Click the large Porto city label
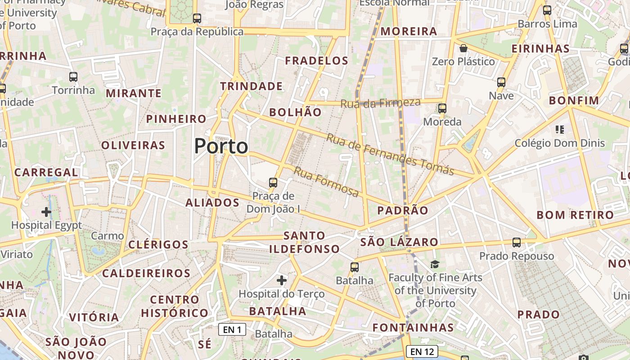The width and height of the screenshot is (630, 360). (221, 146)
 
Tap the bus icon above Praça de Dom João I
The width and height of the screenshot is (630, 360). (273, 183)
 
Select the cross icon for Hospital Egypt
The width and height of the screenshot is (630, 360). (46, 211)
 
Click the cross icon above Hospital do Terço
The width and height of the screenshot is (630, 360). (282, 280)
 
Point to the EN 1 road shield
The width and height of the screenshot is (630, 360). (232, 329)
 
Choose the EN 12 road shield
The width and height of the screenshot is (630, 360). (422, 351)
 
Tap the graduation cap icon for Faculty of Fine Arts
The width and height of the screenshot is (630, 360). (435, 264)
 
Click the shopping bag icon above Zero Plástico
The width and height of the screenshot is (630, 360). (463, 48)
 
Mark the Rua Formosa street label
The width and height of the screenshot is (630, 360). (326, 182)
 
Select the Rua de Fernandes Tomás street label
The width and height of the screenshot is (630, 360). (390, 154)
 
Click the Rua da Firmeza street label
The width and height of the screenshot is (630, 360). (380, 103)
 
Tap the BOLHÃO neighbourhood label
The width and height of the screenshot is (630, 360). (295, 112)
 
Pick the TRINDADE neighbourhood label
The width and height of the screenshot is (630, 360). (251, 86)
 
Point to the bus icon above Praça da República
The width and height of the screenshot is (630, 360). (197, 18)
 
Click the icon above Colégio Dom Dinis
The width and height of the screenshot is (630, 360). (560, 130)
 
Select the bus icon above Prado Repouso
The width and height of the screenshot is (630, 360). (517, 243)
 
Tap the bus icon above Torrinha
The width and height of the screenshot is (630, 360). (73, 77)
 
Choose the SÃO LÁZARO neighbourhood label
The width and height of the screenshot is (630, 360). (399, 242)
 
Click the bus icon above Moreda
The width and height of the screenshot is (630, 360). (442, 108)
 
